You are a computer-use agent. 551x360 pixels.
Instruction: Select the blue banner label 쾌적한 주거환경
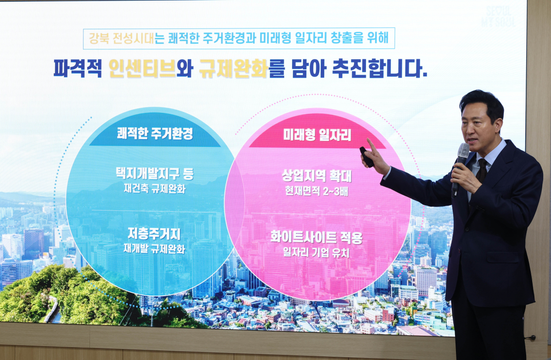[155, 134]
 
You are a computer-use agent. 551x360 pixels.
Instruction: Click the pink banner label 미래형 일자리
[317, 135]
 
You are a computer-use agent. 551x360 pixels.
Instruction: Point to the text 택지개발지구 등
[155, 174]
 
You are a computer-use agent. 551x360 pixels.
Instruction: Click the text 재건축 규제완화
[155, 189]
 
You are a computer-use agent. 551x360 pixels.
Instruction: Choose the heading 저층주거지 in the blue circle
[154, 234]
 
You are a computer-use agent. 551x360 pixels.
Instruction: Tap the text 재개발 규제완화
[154, 249]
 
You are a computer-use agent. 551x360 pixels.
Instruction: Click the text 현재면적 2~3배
[317, 191]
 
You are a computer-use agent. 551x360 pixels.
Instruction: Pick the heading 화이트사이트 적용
[317, 238]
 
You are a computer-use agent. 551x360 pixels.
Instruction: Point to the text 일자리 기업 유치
[317, 253]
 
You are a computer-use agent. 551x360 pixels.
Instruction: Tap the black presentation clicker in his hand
[366, 157]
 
